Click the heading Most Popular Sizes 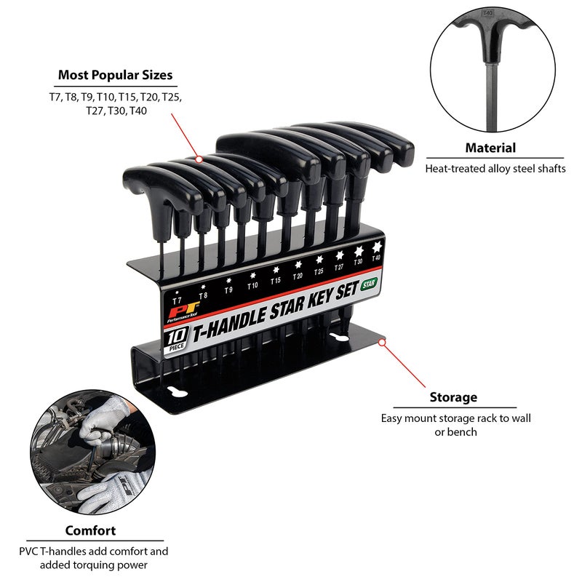pyautogui.click(x=116, y=75)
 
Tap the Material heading pyautogui.click(x=490, y=148)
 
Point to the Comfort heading pyautogui.click(x=90, y=530)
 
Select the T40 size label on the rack pyautogui.click(x=376, y=257)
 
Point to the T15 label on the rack pyautogui.click(x=276, y=280)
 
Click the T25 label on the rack pyautogui.click(x=319, y=271)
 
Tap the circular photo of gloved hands pyautogui.click(x=92, y=455)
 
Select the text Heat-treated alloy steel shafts pyautogui.click(x=495, y=168)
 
